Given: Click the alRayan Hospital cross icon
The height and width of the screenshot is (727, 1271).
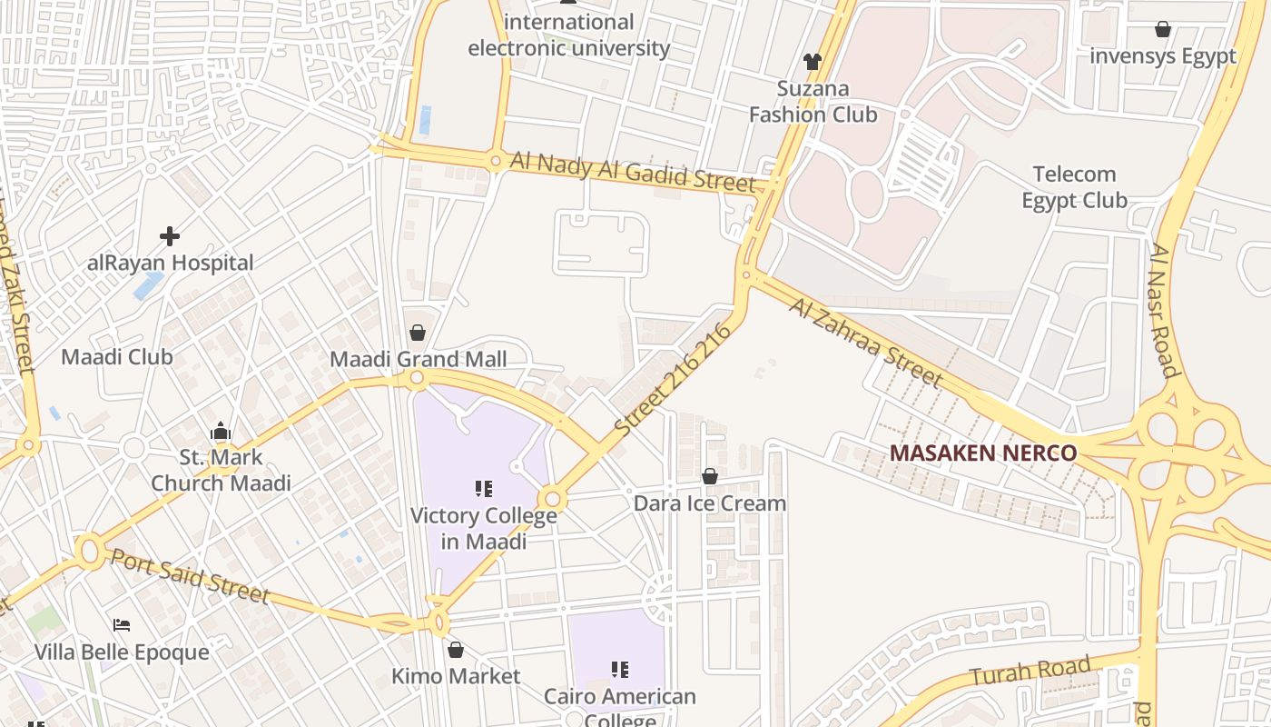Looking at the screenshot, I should (x=170, y=236).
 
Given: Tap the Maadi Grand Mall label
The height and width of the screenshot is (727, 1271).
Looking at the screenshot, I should (x=418, y=359).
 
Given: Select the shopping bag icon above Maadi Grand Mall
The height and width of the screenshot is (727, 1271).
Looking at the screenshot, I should (x=418, y=333).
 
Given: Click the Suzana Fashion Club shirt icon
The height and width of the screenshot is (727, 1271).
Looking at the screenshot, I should (x=812, y=62).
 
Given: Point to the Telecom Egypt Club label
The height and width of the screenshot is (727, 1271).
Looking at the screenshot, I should (x=1074, y=187).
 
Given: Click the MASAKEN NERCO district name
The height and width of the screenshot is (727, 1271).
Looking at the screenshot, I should (x=982, y=453).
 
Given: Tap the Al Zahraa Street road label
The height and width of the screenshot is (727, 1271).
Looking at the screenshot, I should (x=864, y=340).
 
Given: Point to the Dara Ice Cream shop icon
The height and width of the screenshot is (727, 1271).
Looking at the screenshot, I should (x=710, y=476).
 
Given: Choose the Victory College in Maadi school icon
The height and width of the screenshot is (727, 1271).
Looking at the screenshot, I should (x=484, y=489).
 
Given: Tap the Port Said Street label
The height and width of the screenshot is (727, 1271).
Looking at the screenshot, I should (x=190, y=574).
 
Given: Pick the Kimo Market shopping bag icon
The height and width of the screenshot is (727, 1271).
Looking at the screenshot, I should (x=456, y=650).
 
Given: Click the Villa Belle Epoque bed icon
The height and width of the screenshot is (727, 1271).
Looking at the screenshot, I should (x=122, y=625).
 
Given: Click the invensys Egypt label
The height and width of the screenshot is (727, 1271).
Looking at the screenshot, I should (x=1162, y=56).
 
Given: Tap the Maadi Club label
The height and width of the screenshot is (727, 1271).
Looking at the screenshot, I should (x=116, y=357).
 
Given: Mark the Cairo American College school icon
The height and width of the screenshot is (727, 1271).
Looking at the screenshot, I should (x=620, y=670).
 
